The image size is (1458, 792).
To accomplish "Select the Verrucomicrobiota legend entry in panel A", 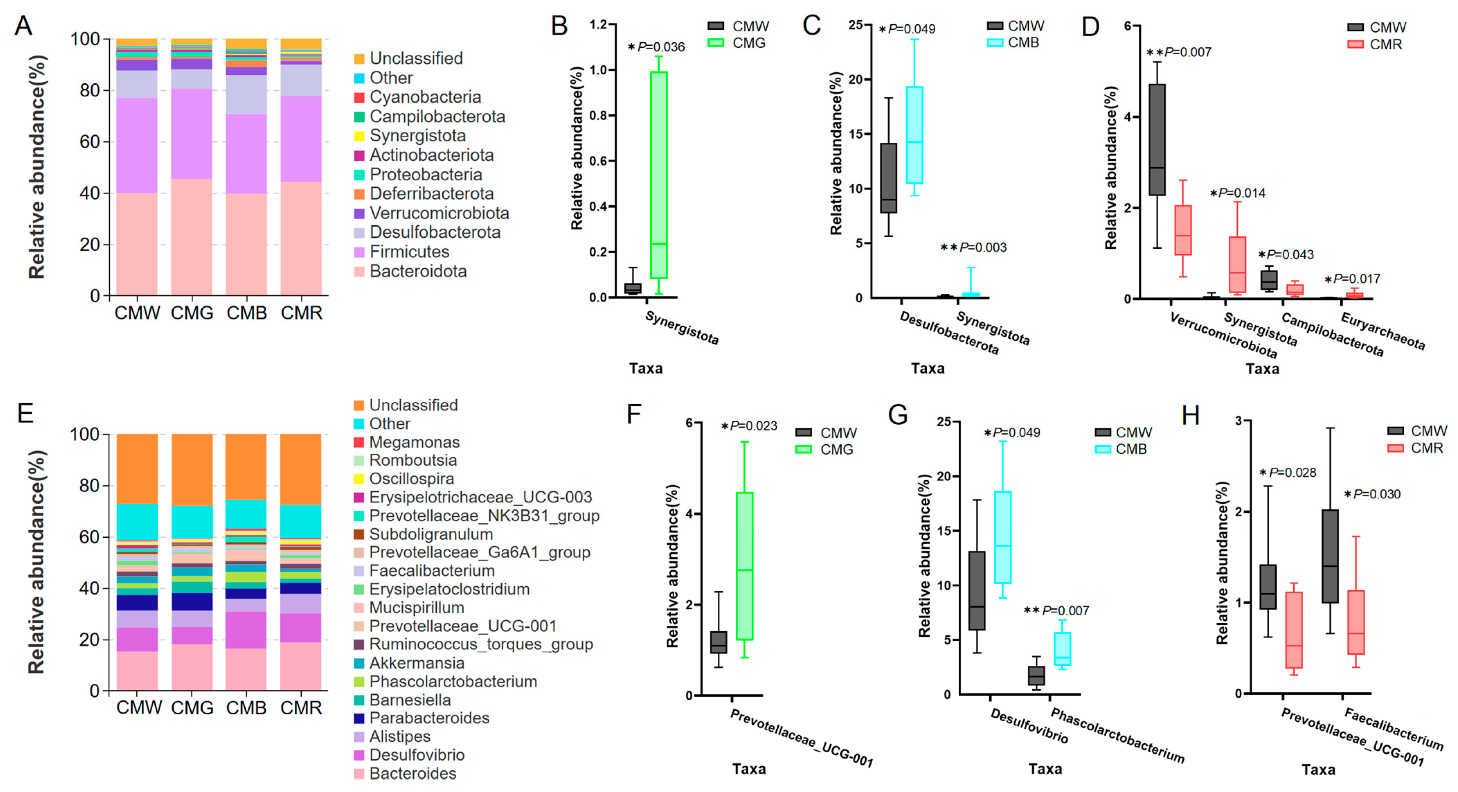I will [439, 213].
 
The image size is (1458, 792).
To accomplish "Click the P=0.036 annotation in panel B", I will [660, 47].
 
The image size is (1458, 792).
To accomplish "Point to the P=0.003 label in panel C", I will [983, 247].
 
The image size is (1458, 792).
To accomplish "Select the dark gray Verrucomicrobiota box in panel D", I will [1157, 140].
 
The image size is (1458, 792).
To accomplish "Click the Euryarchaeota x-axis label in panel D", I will [1382, 331].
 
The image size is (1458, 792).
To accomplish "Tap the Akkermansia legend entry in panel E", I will [416, 663].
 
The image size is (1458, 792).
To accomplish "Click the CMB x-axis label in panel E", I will [246, 708].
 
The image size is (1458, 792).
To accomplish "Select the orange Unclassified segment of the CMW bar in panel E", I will [137, 468].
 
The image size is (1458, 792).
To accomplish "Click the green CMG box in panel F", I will [744, 566].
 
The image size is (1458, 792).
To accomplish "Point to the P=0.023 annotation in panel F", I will [753, 426].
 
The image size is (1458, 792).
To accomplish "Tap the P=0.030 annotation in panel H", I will [1376, 494].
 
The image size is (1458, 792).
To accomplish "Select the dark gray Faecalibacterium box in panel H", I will [1330, 556].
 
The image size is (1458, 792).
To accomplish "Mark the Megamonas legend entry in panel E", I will [414, 442].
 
